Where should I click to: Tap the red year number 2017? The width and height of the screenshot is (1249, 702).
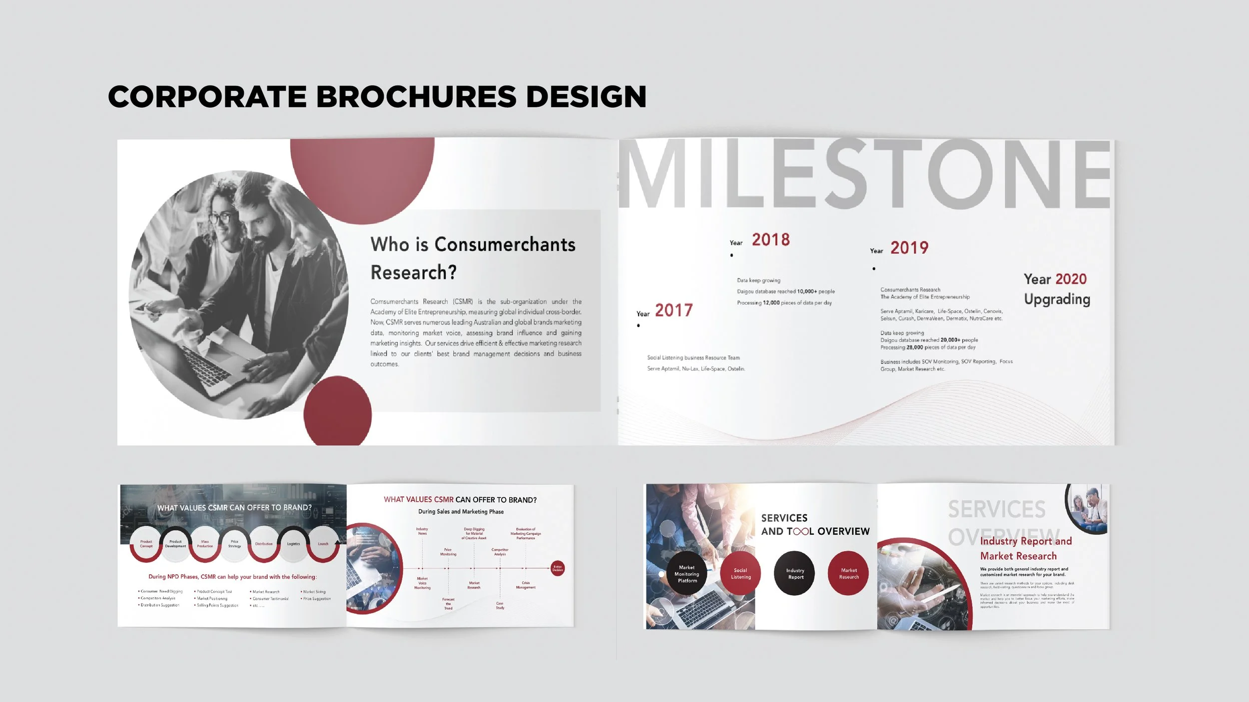(673, 311)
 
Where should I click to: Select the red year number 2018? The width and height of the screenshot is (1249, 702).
(770, 240)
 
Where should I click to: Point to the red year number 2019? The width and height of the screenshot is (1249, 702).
(909, 248)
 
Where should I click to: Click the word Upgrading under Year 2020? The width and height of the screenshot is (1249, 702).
(1057, 299)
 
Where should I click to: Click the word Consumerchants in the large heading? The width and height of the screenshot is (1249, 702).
(505, 245)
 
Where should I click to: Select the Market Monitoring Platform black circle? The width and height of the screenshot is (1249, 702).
(687, 574)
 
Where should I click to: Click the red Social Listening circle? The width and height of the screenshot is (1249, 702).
(740, 574)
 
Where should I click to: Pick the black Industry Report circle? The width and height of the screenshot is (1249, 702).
(795, 574)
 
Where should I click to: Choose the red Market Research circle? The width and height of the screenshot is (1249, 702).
(848, 574)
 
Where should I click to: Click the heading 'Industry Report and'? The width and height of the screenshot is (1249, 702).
(1025, 541)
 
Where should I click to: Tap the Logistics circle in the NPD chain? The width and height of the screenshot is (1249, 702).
(293, 544)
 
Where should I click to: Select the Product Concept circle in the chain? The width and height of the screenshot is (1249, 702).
(146, 544)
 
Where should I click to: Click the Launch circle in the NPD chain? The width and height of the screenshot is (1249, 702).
(323, 544)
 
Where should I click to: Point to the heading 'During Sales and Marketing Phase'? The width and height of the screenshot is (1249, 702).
(461, 512)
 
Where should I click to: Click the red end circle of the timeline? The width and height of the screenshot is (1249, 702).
(558, 568)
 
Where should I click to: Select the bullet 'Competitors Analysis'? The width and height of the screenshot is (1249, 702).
(158, 598)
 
